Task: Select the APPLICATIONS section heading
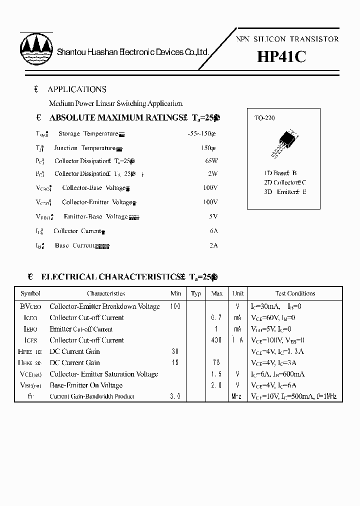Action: (x=76, y=89)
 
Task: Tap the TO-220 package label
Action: (x=265, y=118)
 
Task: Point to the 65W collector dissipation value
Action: (x=211, y=161)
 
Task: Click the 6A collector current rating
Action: (x=213, y=231)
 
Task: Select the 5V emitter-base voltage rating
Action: (x=213, y=216)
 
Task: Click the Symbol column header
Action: (x=30, y=293)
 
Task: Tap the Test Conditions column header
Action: (x=295, y=293)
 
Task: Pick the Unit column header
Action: (x=238, y=293)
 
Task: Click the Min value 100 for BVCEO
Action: (x=175, y=306)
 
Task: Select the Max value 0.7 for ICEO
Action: (x=216, y=318)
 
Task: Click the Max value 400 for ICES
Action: (x=216, y=340)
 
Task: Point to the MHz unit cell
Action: (x=237, y=397)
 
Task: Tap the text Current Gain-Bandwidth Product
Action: (x=92, y=397)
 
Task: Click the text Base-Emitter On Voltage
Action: (x=86, y=385)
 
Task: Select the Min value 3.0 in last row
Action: (x=175, y=397)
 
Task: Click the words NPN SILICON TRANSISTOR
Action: (x=287, y=39)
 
